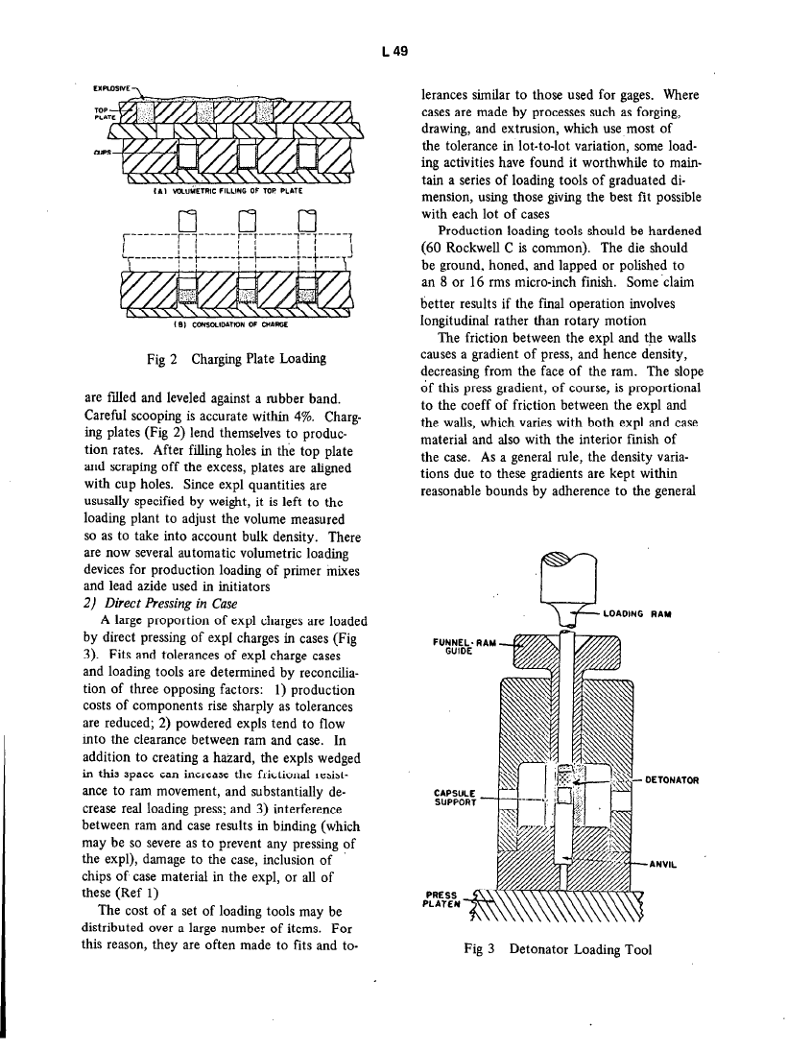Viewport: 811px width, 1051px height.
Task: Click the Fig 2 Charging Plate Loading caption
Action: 234,360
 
